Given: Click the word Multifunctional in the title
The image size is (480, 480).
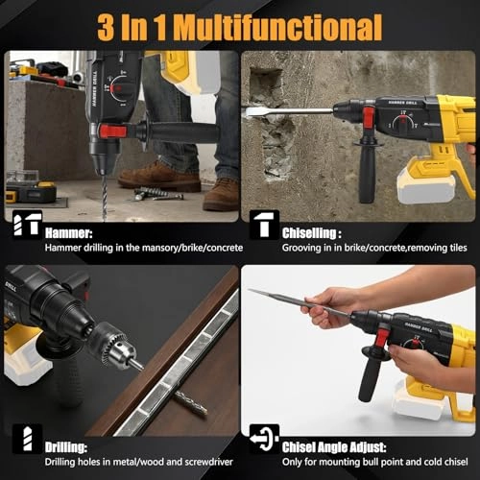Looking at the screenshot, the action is [277, 27].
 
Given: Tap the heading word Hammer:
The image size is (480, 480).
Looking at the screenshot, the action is [69, 232].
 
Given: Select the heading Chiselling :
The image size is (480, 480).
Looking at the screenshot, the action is [311, 232].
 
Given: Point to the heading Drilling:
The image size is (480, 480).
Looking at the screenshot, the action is [66, 447].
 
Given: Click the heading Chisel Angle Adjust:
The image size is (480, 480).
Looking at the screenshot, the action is [334, 447].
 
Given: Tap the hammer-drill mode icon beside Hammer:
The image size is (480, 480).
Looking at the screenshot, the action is [28, 225].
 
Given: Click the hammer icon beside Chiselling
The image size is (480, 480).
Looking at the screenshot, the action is [264, 225].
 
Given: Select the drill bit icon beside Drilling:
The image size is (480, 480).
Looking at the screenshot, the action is [28, 439].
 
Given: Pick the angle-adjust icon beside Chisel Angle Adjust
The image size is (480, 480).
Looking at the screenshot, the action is [264, 439].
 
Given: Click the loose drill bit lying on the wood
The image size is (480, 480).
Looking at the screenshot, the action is [191, 404].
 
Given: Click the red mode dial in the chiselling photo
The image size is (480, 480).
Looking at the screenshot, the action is [403, 123].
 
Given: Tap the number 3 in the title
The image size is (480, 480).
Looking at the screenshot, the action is [106, 27].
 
